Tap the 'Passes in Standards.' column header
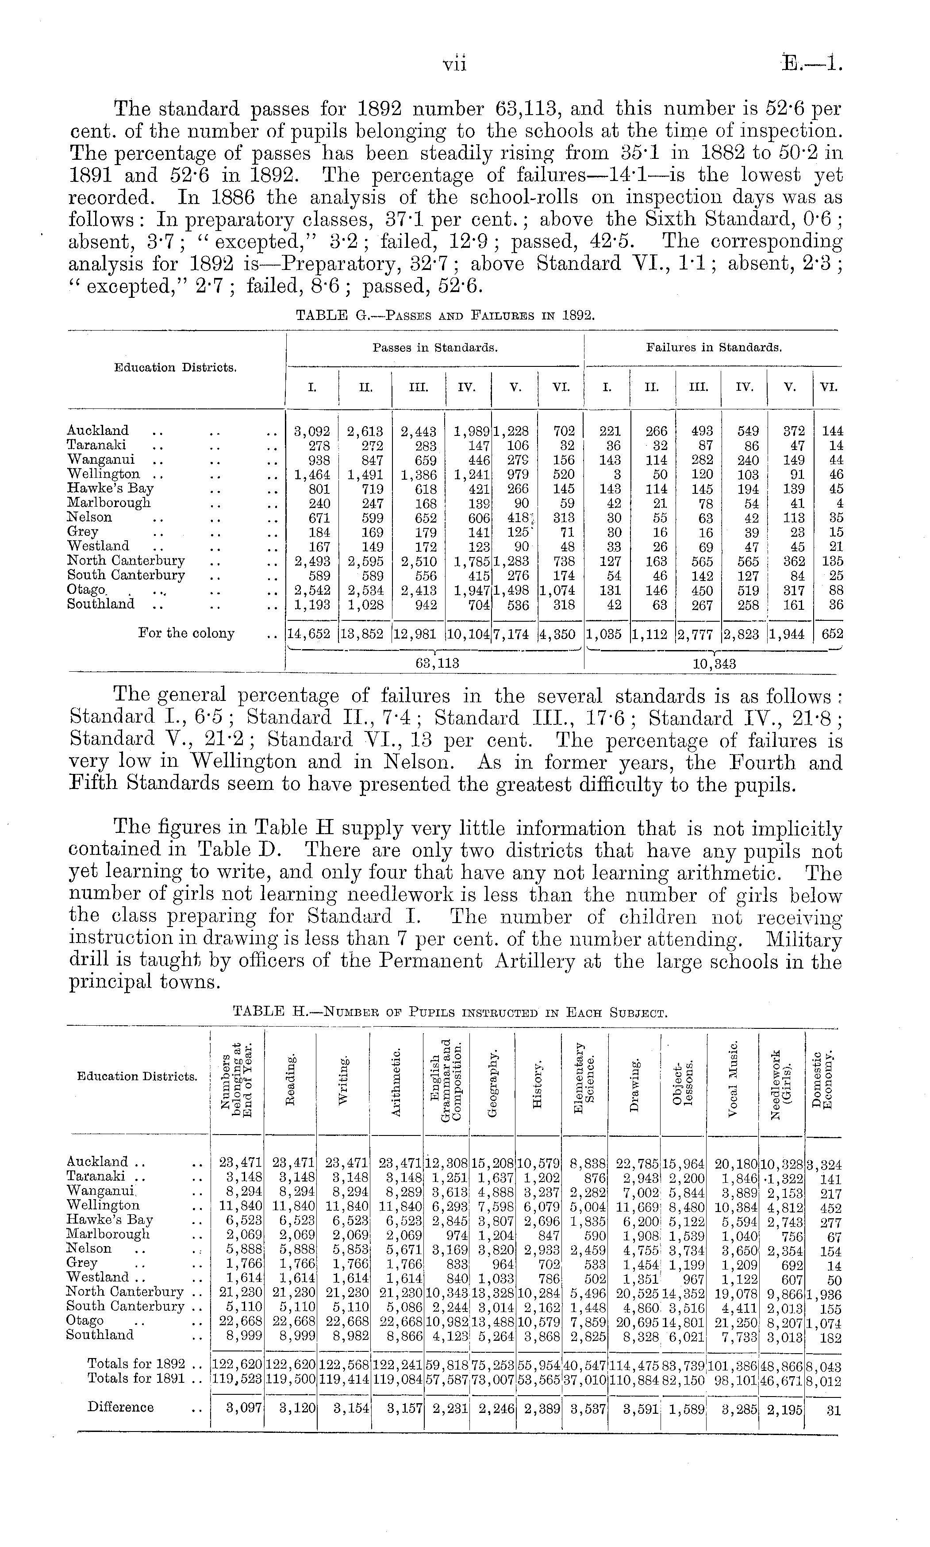[x=435, y=346]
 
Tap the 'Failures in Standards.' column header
[x=714, y=346]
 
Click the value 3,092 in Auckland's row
[x=311, y=431]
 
